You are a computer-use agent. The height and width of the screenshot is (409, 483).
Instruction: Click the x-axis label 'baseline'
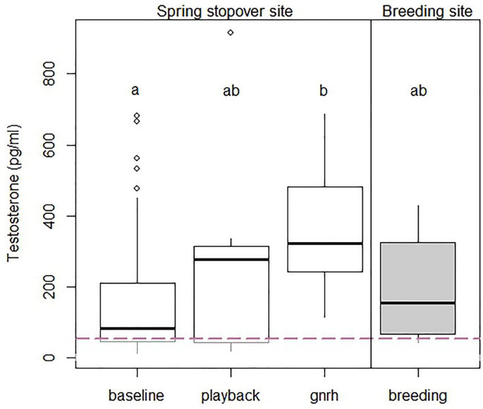coord(137,396)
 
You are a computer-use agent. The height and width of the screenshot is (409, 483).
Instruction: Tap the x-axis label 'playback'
coord(231,396)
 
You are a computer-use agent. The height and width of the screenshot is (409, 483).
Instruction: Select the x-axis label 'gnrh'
coord(324,396)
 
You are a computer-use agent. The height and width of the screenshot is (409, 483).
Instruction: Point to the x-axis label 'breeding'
coord(417,396)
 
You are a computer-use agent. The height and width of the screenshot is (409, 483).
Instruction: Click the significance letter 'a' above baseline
coord(137,90)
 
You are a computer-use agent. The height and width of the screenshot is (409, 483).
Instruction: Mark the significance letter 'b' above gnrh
coord(324,90)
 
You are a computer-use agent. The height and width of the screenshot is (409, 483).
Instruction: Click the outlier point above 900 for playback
coord(231,32)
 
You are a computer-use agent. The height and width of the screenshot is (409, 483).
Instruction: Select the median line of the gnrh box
coord(324,244)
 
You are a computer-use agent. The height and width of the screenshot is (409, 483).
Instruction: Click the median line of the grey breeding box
coord(417,303)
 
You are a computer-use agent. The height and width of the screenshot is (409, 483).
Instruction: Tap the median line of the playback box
coord(231,260)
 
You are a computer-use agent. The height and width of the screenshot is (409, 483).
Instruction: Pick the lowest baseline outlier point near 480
coord(137,188)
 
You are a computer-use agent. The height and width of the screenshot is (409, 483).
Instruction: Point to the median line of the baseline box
coord(137,328)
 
